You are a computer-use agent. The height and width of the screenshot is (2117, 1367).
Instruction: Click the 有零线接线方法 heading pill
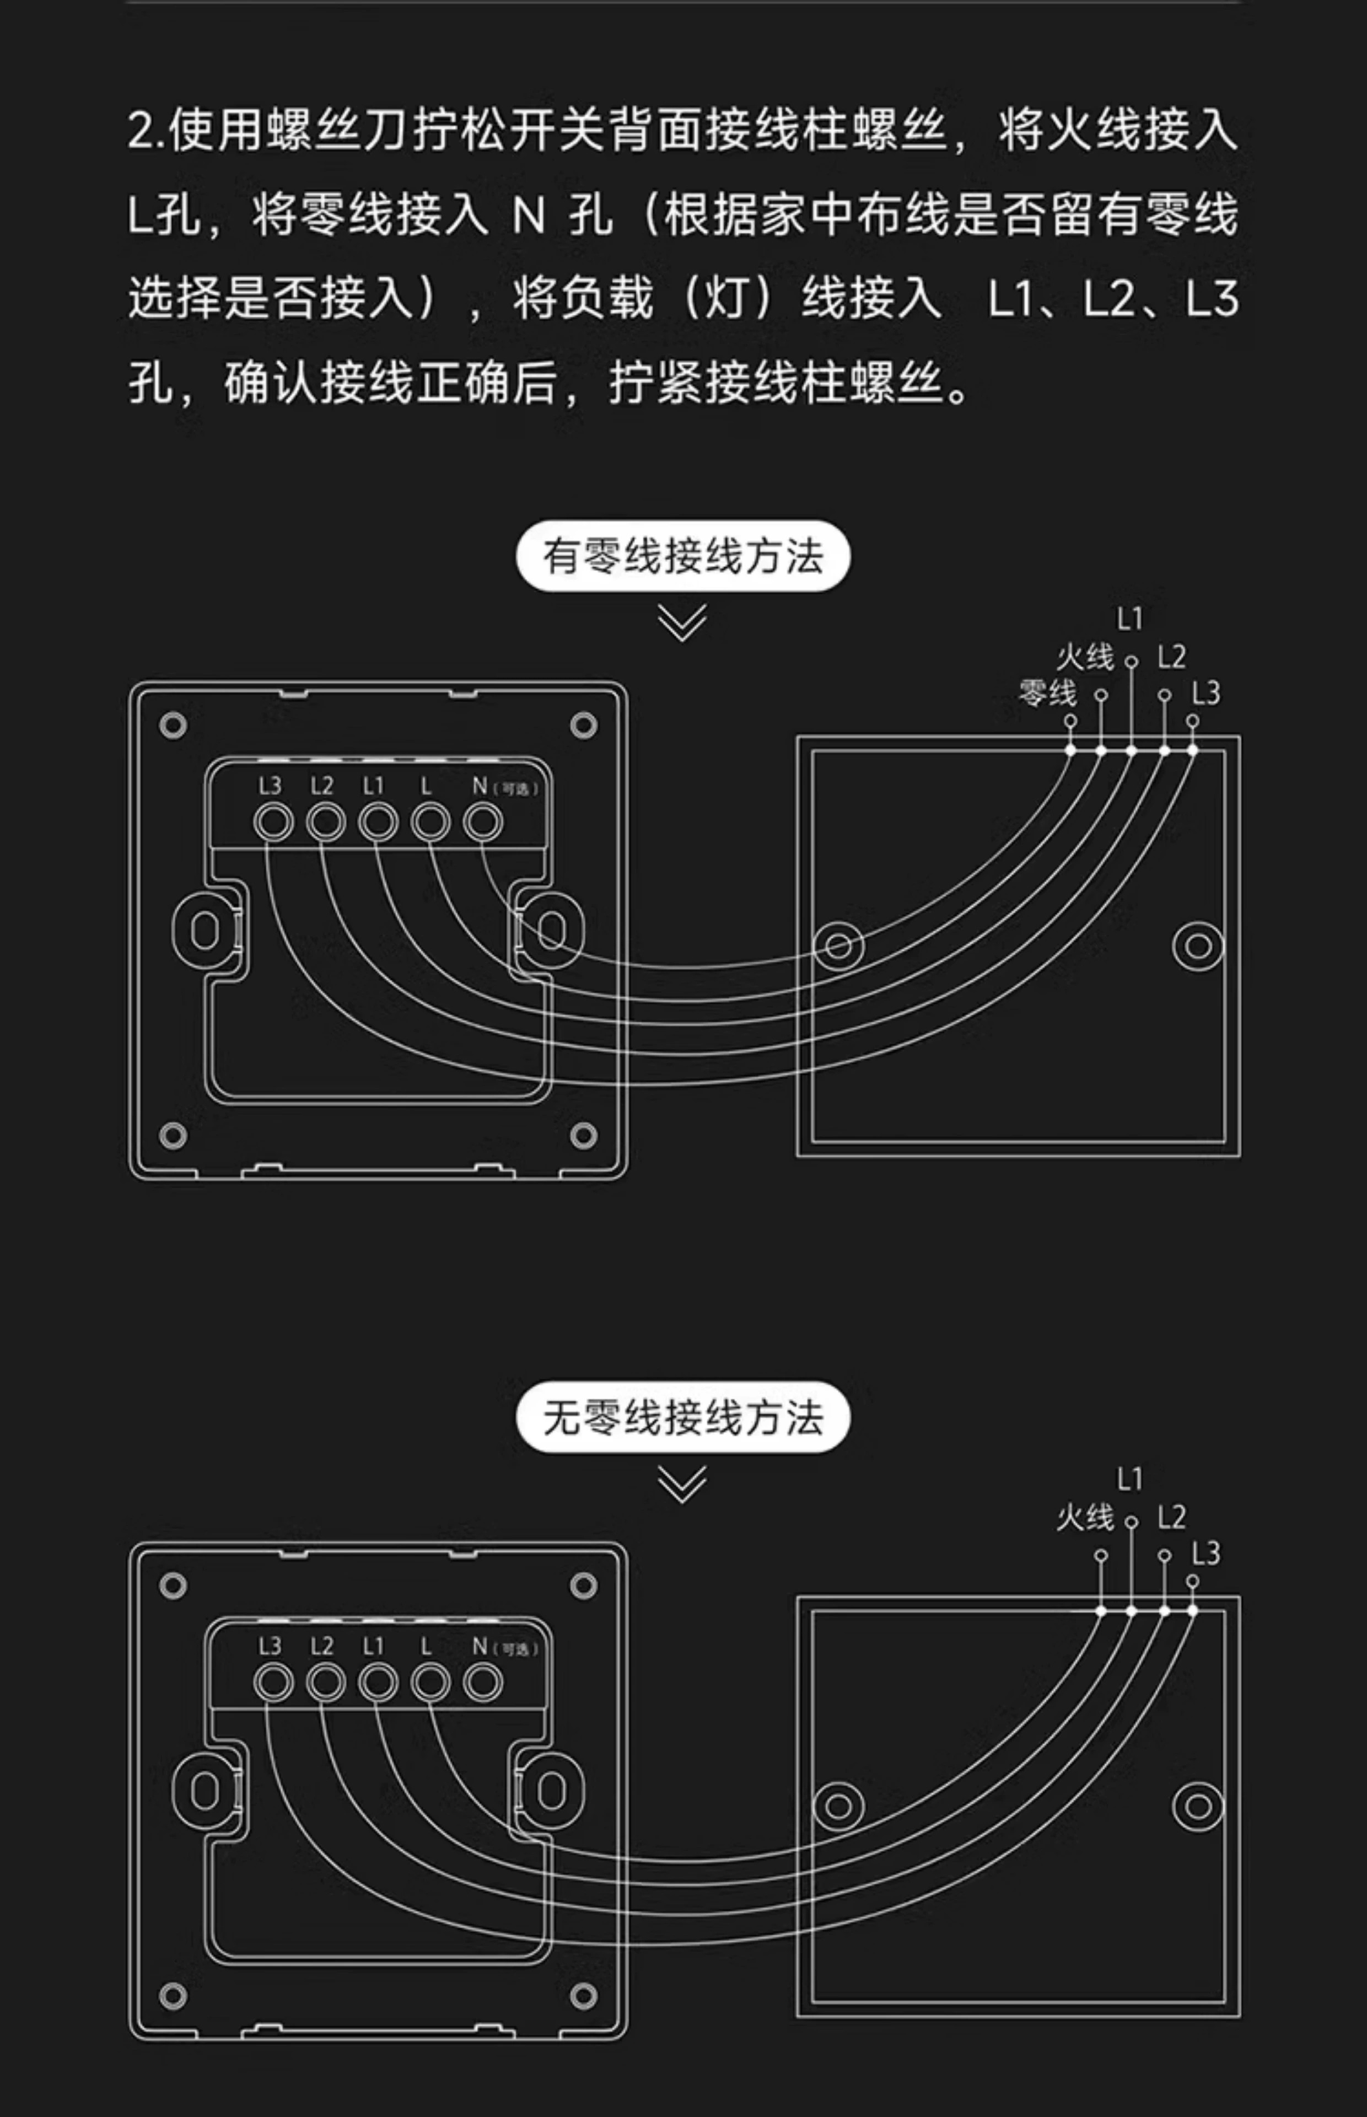[x=682, y=557]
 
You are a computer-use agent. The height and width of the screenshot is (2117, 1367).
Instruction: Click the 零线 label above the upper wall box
[x=1047, y=693]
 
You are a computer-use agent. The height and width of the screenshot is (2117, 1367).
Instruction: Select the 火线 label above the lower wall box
[x=1084, y=1518]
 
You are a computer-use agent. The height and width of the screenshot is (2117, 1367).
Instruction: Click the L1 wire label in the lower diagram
[x=1129, y=1479]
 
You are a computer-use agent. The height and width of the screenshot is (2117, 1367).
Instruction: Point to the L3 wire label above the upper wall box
[x=1205, y=693]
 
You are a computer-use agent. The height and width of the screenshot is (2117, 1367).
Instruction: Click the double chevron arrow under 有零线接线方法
[x=682, y=622]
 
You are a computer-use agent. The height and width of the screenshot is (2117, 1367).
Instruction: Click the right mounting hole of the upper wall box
[x=1197, y=946]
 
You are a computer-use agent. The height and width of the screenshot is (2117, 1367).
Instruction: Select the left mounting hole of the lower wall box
[x=838, y=1806]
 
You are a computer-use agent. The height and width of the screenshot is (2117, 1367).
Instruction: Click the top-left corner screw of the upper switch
[x=173, y=725]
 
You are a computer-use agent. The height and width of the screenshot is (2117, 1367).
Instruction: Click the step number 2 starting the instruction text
[x=141, y=131]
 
